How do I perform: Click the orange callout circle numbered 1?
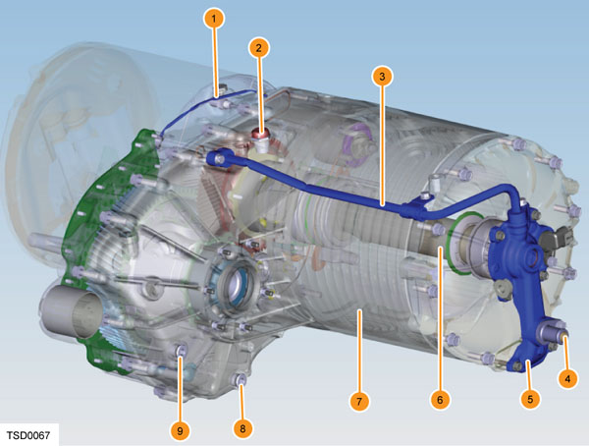coord(214,19)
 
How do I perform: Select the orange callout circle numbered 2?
coord(259,48)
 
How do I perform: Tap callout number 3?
coord(382,77)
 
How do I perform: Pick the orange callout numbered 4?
coord(567,378)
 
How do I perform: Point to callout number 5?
coord(530,399)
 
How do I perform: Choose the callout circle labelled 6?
coord(440,400)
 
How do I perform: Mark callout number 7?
coord(359,401)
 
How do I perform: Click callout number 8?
coord(242,428)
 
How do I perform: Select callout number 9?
coord(180,431)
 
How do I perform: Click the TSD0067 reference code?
coord(28,435)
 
